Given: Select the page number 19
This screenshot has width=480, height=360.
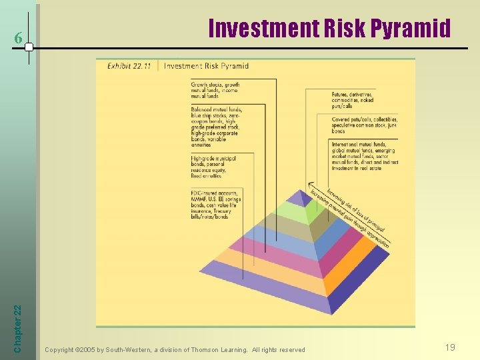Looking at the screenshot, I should click(x=450, y=347).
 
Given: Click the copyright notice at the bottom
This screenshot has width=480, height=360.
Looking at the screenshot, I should click(x=175, y=349).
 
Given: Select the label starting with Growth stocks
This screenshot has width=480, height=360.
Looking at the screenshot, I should click(x=215, y=90).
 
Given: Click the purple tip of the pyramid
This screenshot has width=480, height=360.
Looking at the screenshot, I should click(x=304, y=197).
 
